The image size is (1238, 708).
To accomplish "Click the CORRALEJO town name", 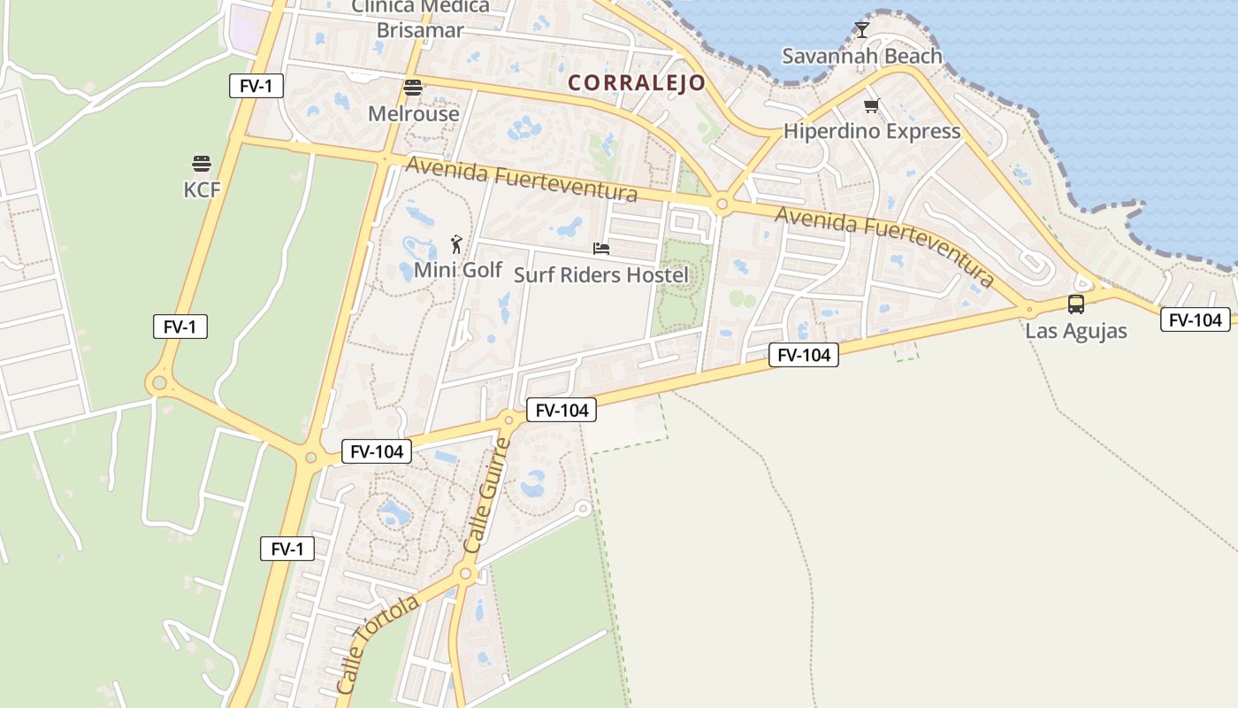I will coord(637,83).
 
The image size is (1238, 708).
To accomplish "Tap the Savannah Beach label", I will coord(861,57).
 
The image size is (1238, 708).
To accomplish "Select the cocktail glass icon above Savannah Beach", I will coord(862,30).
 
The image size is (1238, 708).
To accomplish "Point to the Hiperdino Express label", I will coord(871,132).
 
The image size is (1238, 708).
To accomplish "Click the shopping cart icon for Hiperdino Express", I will coord(872,106).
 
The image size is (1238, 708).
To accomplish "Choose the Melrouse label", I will coord(414,114).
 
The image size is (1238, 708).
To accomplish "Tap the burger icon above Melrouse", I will coord(413,88).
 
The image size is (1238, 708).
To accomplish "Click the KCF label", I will coord(202,189).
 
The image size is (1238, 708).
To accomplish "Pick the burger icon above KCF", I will coord(202,164).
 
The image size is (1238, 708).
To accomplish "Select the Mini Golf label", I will coord(458,270).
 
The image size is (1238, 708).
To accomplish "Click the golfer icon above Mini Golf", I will coord(456,244).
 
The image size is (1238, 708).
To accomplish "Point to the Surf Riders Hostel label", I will coord(600,275).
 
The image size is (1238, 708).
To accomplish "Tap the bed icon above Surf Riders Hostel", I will coord(601,249).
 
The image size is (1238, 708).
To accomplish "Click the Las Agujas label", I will coord(1076,332).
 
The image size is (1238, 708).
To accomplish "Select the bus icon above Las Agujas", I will coord(1076,304).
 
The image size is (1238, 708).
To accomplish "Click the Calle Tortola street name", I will coord(378,643).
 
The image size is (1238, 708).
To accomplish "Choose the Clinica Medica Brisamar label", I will coord(420,19).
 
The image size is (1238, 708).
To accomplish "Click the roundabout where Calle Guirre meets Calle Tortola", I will coord(466,574).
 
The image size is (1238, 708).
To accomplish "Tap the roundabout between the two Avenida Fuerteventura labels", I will coord(722,204).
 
